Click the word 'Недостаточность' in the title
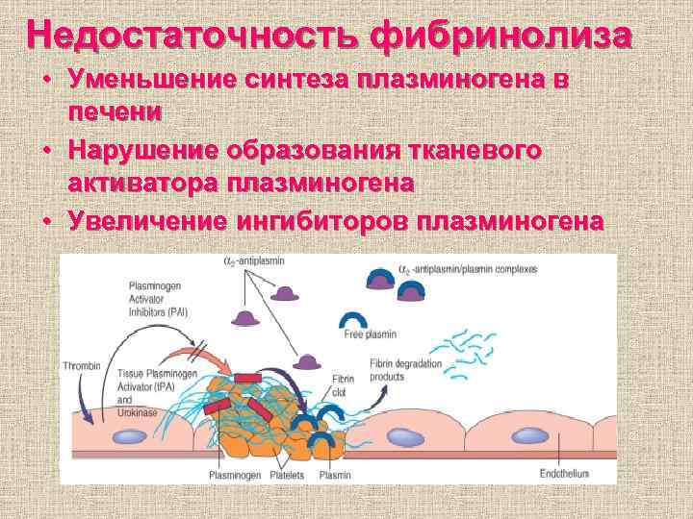click(x=192, y=35)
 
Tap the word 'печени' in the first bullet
click(x=115, y=111)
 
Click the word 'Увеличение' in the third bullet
click(x=144, y=220)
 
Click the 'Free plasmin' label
click(x=371, y=334)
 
